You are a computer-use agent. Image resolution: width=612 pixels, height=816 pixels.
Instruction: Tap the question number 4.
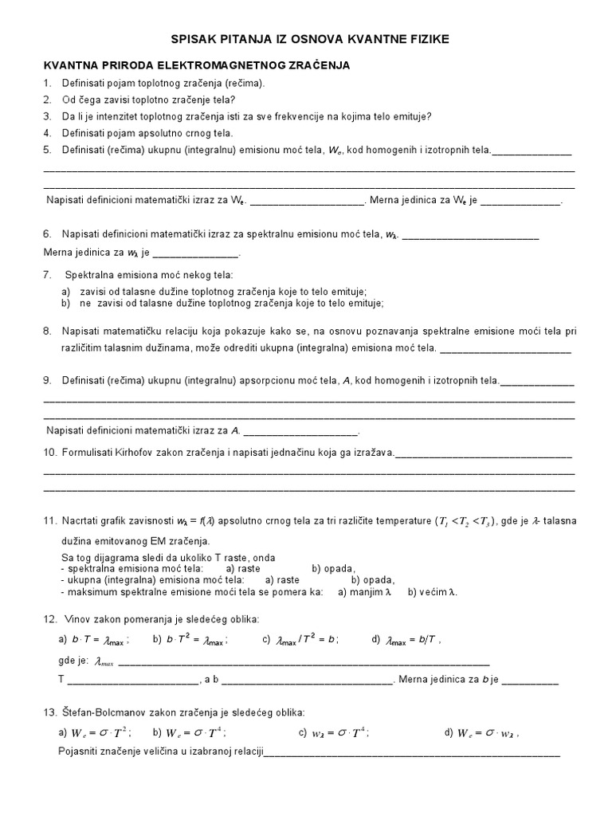pyautogui.click(x=47, y=133)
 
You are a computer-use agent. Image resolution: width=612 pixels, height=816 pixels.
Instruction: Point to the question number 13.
pyautogui.click(x=49, y=712)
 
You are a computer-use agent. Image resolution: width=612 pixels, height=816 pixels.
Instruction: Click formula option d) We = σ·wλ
pyautogui.click(x=481, y=733)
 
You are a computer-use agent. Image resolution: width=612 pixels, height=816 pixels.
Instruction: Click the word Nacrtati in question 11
pyautogui.click(x=82, y=521)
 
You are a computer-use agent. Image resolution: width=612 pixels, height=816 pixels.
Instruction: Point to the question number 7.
pyautogui.click(x=47, y=274)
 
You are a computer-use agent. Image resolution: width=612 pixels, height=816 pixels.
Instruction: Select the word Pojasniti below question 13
pyautogui.click(x=80, y=752)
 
